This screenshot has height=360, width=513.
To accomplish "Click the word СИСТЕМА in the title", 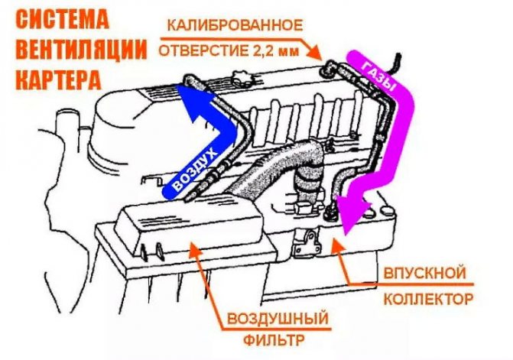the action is point(62,19).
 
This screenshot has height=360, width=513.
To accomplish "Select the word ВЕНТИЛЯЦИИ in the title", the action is point(81,49).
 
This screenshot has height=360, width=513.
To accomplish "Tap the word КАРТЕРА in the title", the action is point(59,79).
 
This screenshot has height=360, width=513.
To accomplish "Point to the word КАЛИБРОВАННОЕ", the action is point(235,25).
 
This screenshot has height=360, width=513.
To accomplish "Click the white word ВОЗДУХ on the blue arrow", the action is point(194,170).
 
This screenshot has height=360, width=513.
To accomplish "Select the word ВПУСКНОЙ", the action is point(424,273).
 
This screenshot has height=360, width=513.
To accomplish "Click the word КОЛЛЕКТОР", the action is point(428,299).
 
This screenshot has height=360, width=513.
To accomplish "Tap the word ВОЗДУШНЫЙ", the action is point(278,318).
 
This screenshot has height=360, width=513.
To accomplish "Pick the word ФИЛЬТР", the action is point(274,340).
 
